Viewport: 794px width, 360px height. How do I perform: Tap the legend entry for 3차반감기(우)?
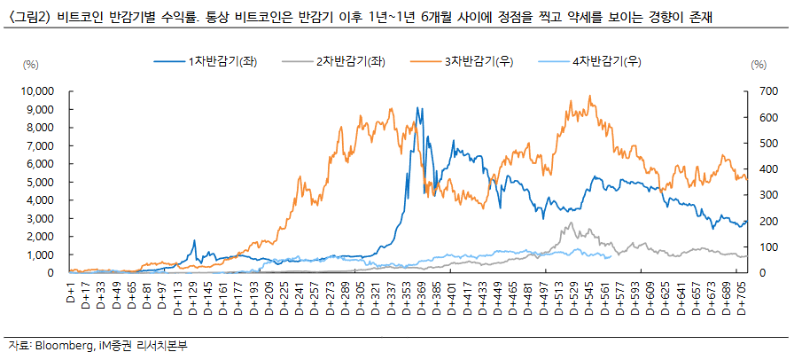tap(479, 62)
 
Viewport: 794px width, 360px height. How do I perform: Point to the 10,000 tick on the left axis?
tap(36, 90)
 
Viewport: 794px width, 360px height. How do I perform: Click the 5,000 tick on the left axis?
tap(41, 182)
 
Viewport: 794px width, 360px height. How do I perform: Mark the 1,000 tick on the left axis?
tap(41, 254)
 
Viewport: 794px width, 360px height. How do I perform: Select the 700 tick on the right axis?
tap(758, 90)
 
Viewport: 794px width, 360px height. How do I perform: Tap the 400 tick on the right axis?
tap(758, 168)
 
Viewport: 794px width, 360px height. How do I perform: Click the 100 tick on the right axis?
tap(758, 247)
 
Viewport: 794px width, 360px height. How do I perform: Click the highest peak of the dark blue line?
tap(416, 108)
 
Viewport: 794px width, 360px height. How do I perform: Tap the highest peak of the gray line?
tap(572, 223)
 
